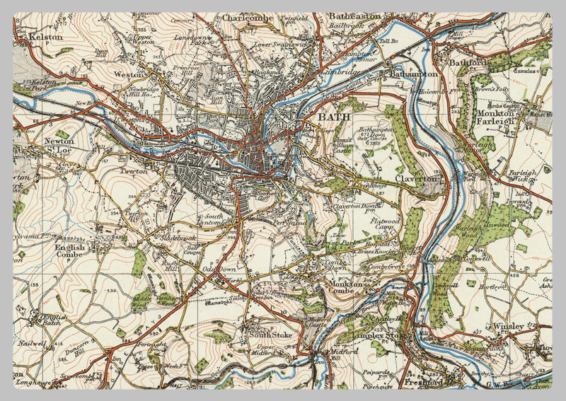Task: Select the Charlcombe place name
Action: pos(247,17)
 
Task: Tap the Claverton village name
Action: pos(417,180)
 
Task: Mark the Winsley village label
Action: pos(509,326)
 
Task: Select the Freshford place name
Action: pos(424,383)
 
